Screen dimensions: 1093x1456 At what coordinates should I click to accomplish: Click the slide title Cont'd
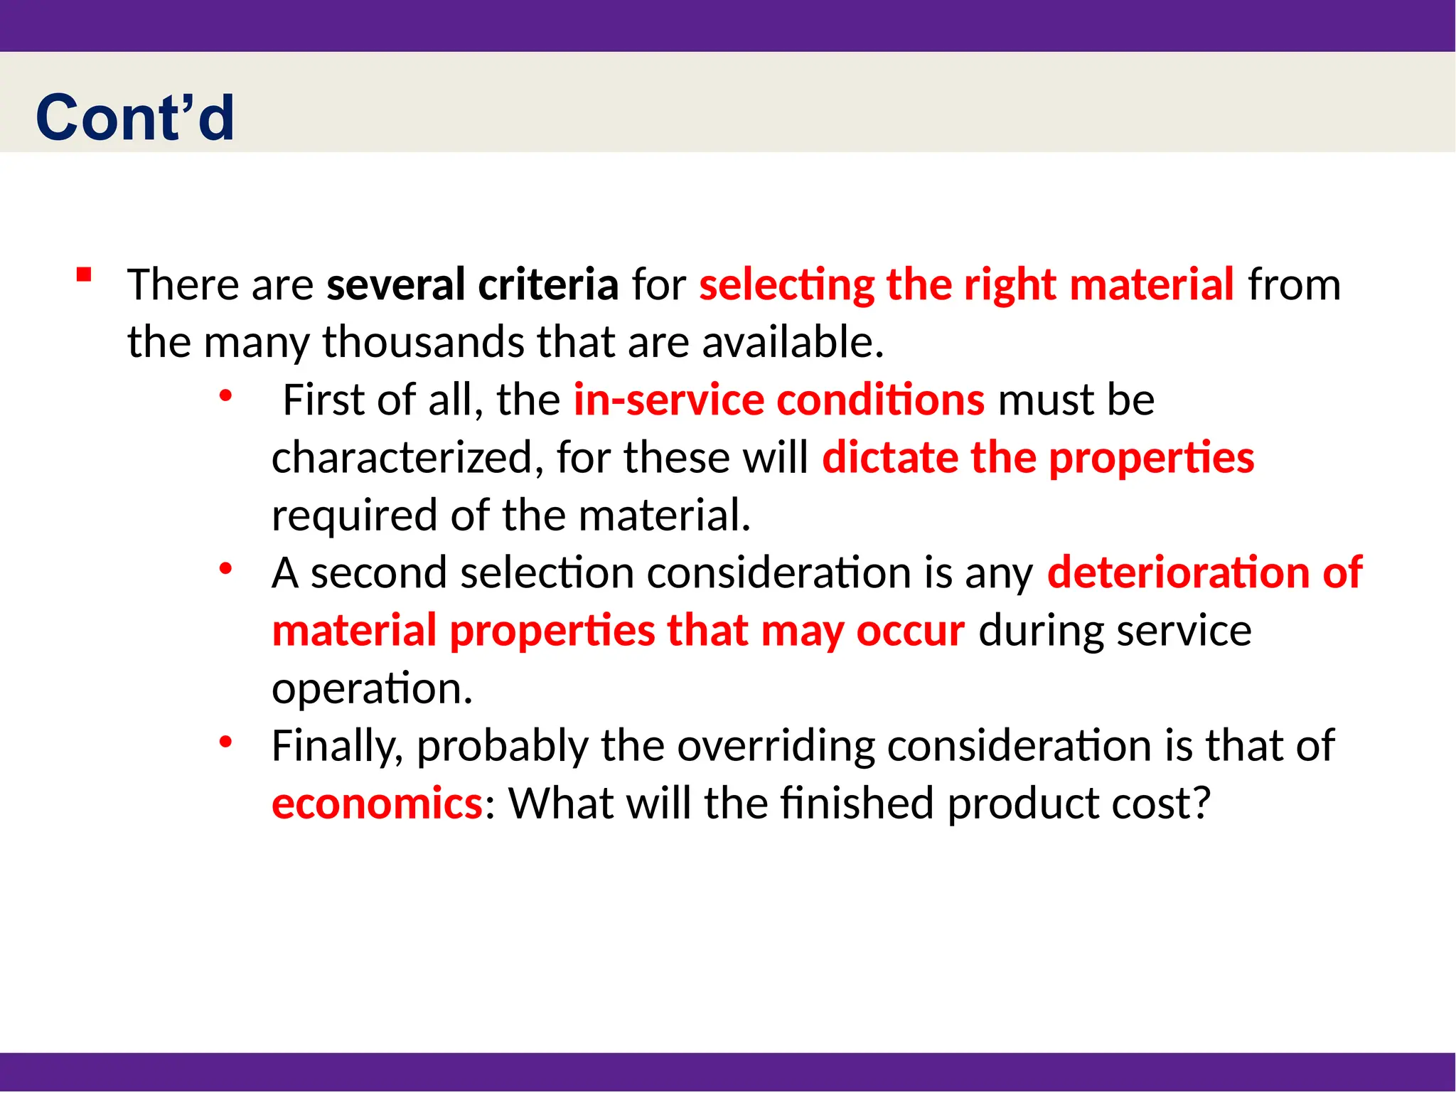(x=135, y=117)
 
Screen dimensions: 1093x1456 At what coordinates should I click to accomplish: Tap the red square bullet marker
(x=84, y=275)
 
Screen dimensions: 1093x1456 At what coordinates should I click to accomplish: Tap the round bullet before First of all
(x=225, y=395)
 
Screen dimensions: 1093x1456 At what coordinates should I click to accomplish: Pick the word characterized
(x=402, y=457)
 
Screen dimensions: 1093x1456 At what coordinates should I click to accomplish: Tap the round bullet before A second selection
(x=225, y=568)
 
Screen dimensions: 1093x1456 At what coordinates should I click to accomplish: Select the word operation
(x=371, y=689)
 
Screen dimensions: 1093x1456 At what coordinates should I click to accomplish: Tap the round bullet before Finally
(x=225, y=742)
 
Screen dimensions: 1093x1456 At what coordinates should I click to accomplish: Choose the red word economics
(x=377, y=804)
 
